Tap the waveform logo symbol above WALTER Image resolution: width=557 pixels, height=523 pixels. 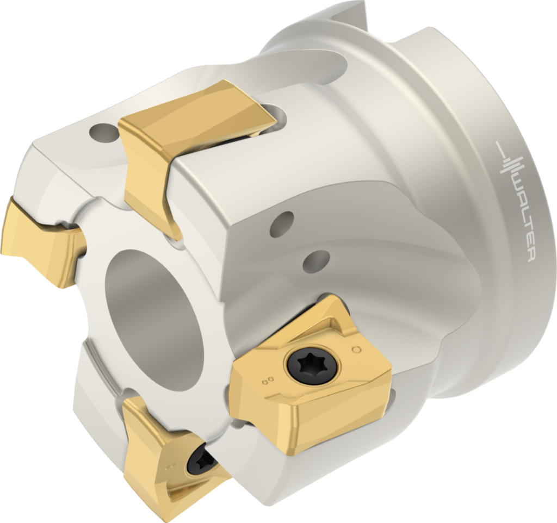(x=510, y=164)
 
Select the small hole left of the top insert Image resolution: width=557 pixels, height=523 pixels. (x=104, y=132)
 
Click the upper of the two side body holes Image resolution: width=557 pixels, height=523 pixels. (x=281, y=223)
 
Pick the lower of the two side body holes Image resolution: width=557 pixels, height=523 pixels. (x=316, y=261)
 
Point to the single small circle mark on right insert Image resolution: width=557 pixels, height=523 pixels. (x=357, y=349)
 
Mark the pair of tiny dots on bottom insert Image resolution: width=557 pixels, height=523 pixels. (x=173, y=466)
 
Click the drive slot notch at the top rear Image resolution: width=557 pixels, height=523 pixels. (x=348, y=14)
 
